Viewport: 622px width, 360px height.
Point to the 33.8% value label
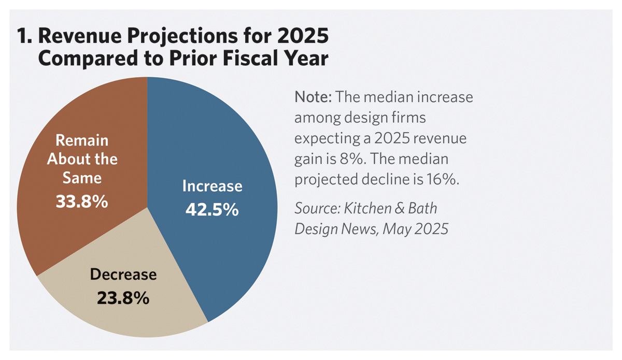click(x=82, y=201)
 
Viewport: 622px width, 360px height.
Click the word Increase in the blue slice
click(x=212, y=186)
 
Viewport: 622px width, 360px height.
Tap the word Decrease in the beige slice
click(x=123, y=275)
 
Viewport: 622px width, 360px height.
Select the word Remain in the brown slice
click(x=82, y=140)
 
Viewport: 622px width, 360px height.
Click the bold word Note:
click(x=314, y=97)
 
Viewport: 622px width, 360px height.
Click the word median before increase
click(x=386, y=97)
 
